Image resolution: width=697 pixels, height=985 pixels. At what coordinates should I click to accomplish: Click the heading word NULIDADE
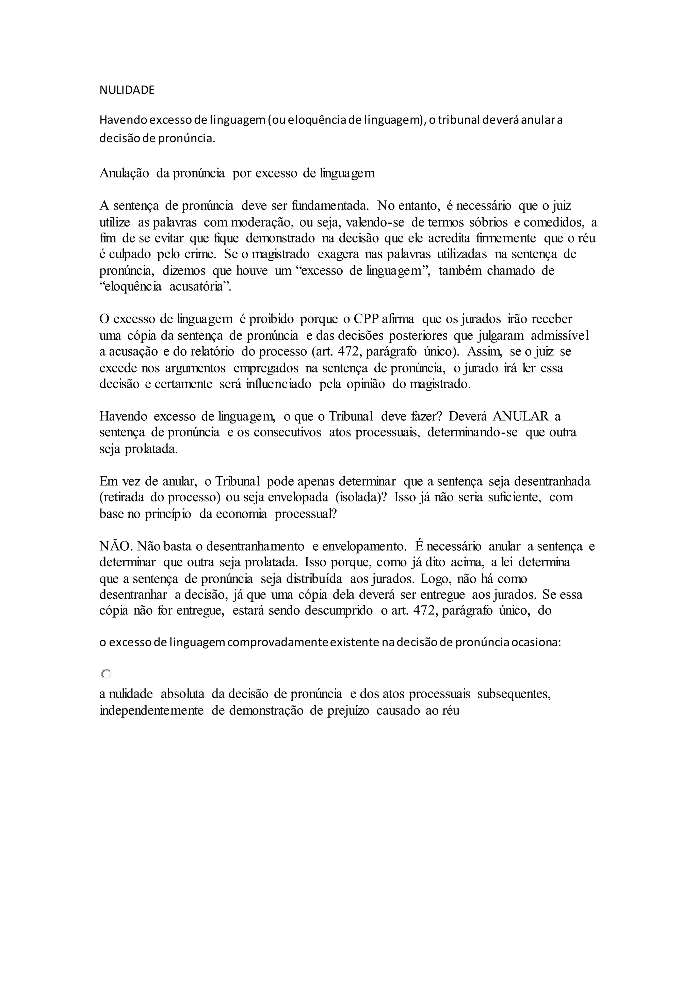[x=127, y=90]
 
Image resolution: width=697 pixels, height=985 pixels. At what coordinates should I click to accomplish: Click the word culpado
[x=129, y=254]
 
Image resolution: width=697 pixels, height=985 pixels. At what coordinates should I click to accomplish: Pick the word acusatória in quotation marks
[x=200, y=287]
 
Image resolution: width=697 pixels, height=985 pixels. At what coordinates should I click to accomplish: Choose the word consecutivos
[x=287, y=432]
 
